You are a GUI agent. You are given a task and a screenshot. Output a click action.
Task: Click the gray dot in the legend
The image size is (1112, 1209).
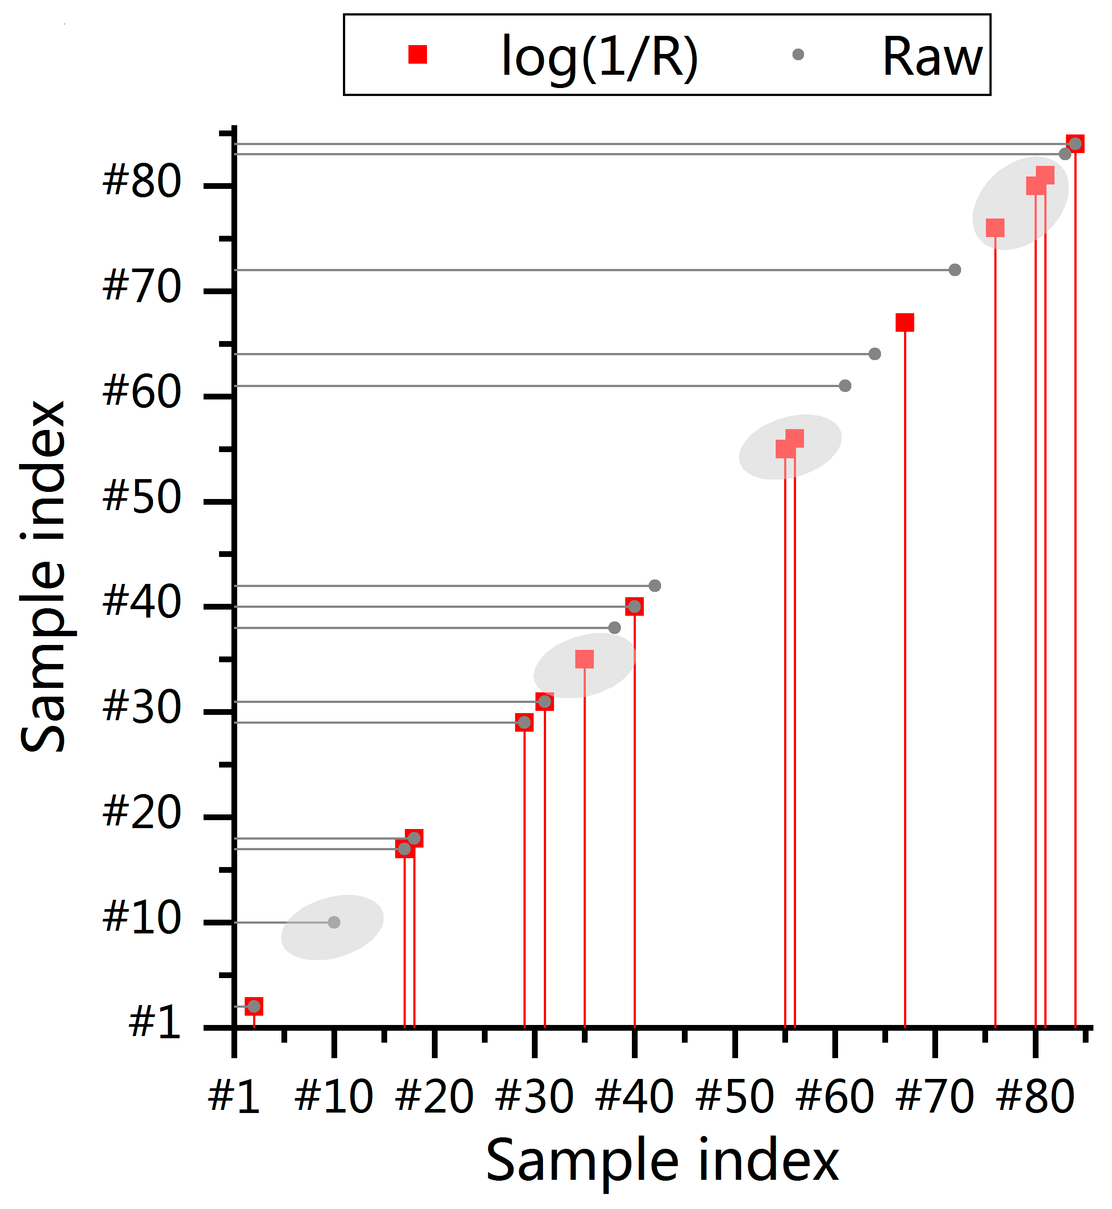tap(799, 55)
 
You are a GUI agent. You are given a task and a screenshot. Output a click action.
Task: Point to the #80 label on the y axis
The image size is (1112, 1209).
tap(142, 180)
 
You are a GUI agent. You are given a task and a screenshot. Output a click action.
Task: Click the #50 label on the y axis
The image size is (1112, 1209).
tap(142, 497)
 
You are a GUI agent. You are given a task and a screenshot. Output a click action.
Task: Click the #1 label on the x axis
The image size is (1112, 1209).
tap(234, 1097)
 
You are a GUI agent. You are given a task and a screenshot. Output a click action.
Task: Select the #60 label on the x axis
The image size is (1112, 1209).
tap(835, 1097)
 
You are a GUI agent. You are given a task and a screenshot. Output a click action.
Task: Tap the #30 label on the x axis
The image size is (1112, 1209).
tap(535, 1097)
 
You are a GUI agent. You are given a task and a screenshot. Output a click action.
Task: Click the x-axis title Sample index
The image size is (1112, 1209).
tap(662, 1161)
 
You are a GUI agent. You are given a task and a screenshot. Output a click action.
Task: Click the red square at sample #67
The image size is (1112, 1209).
tap(905, 322)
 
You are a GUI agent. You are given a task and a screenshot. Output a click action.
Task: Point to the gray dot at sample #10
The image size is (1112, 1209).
tap(335, 922)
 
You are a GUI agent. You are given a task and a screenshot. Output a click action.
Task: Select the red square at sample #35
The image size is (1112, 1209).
tap(584, 659)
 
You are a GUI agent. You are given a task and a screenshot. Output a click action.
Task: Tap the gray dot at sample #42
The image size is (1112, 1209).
tap(655, 585)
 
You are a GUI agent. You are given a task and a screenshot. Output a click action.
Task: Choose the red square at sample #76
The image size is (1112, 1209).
tap(995, 228)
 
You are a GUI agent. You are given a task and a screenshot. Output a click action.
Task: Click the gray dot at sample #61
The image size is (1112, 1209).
tap(845, 386)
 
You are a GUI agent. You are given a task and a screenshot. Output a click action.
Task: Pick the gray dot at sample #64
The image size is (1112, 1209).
tap(875, 354)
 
